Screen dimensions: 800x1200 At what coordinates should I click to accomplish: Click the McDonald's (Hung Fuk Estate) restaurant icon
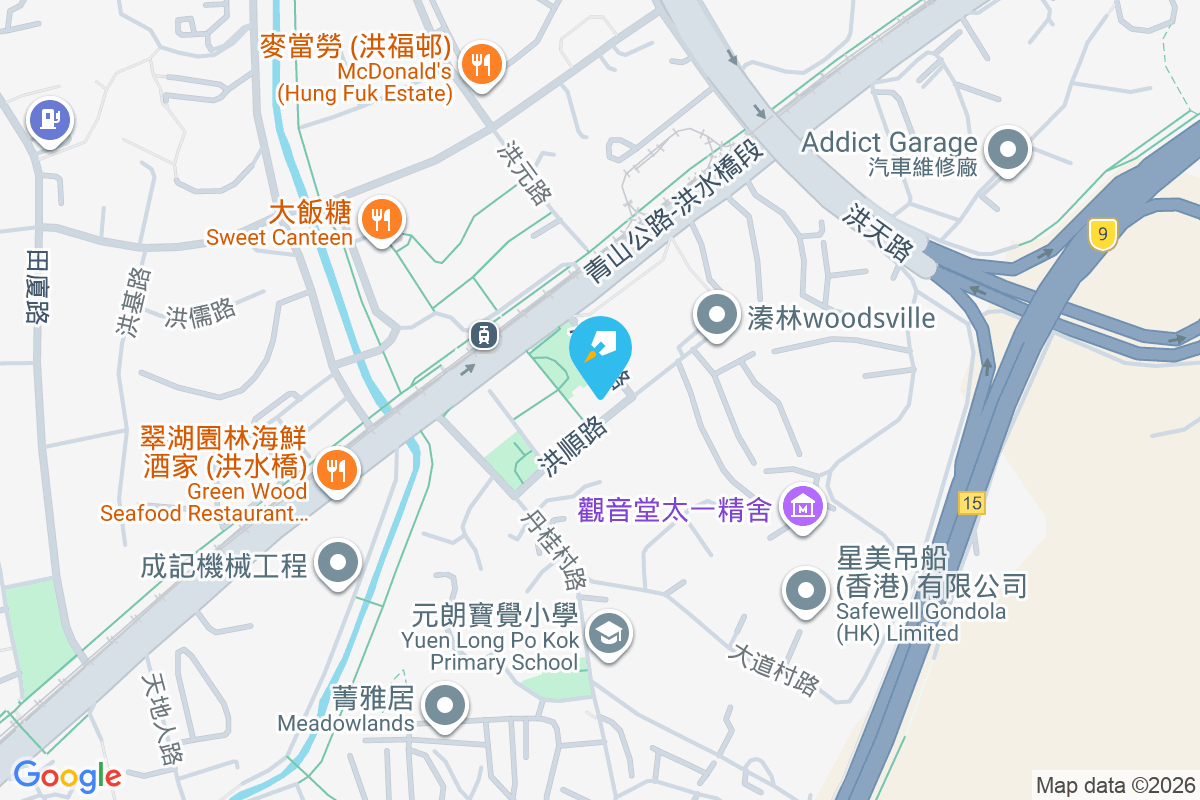click(482, 65)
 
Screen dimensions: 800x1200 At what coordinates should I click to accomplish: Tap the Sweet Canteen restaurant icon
click(380, 218)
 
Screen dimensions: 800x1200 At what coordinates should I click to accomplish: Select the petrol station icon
click(50, 121)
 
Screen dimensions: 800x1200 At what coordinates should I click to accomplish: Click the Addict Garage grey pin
click(1008, 152)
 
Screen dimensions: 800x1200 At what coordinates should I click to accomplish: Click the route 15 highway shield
click(971, 502)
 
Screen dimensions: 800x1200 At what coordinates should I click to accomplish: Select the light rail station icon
click(484, 335)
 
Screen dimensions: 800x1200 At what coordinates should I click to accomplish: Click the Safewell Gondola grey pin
click(805, 590)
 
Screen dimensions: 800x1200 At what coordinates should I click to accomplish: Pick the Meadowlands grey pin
click(445, 707)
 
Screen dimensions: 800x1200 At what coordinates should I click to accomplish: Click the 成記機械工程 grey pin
click(338, 564)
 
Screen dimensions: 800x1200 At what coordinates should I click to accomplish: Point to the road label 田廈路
click(38, 285)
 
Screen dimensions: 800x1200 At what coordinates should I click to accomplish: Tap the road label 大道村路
click(775, 669)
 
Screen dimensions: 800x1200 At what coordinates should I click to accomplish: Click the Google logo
click(67, 775)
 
